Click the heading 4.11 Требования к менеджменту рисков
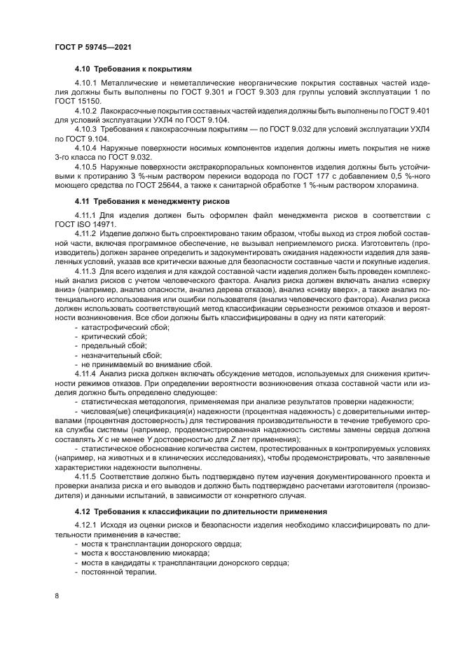coord(147,201)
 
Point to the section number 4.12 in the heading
coord(83,511)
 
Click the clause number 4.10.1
coord(86,84)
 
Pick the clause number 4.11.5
coord(86,476)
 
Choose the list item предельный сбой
coord(113,345)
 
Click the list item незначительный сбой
coord(116,354)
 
